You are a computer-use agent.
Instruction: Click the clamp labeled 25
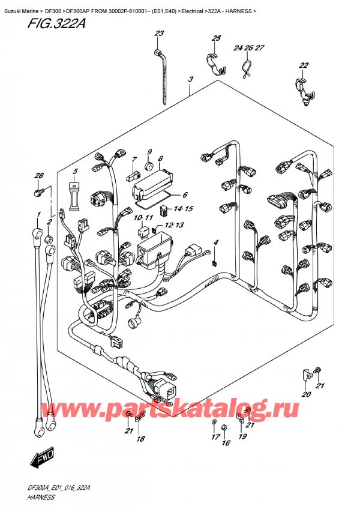tap(215, 64)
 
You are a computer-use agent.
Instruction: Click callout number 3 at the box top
tap(190, 79)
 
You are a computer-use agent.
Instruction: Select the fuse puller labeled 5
tap(74, 198)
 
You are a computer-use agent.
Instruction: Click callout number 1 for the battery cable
tap(38, 215)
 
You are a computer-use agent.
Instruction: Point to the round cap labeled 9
tap(148, 164)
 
